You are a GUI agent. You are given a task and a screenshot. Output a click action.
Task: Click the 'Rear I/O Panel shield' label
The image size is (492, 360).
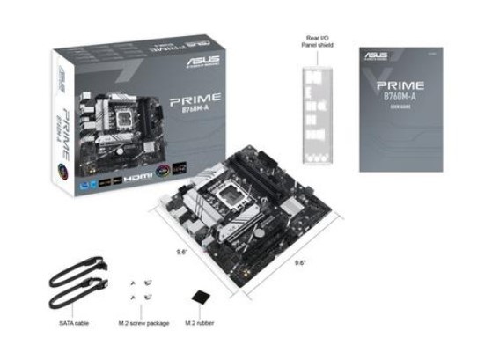point(317,41)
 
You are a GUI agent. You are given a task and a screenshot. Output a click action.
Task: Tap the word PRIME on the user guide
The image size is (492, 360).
point(398,84)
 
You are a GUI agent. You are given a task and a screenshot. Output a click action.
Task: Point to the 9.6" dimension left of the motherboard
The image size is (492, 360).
point(182,251)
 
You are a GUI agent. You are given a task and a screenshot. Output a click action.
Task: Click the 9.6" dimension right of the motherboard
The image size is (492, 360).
point(299,261)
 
